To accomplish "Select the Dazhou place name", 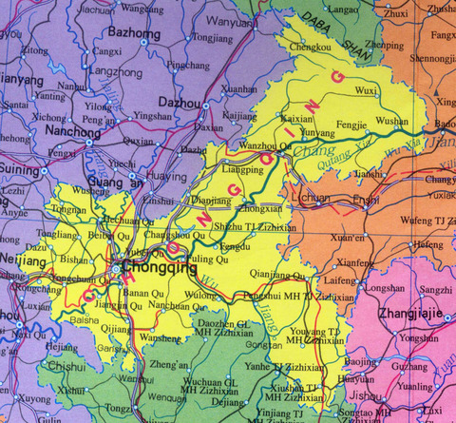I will [x=179, y=102].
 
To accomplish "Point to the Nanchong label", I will [x=66, y=133].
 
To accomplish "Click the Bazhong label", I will [x=135, y=31].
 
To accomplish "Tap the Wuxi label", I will [x=366, y=90].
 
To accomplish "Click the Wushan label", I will [x=391, y=122].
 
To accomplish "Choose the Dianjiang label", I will [x=211, y=201].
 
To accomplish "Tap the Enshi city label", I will [x=365, y=201].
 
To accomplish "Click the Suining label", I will [x=20, y=171].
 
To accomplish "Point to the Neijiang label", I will [x=22, y=259].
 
